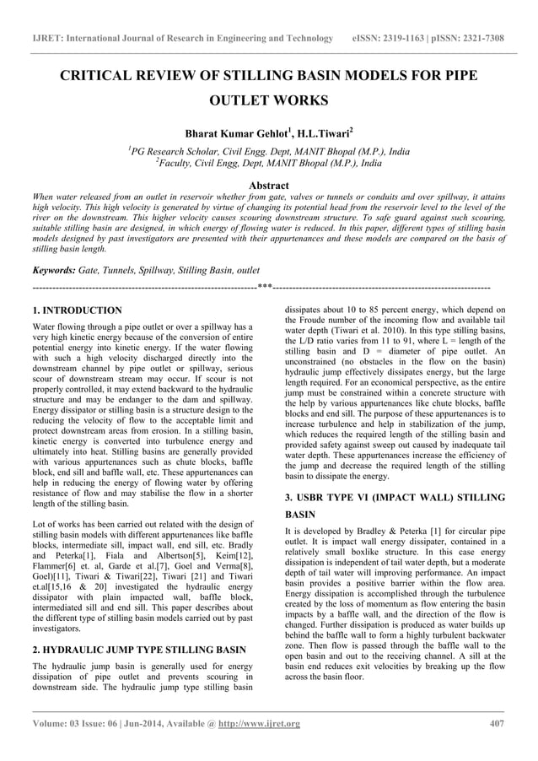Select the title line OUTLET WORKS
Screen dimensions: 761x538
click(268, 102)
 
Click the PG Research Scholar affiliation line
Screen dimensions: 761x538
click(268, 151)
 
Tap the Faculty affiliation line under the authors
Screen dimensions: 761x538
click(268, 165)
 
